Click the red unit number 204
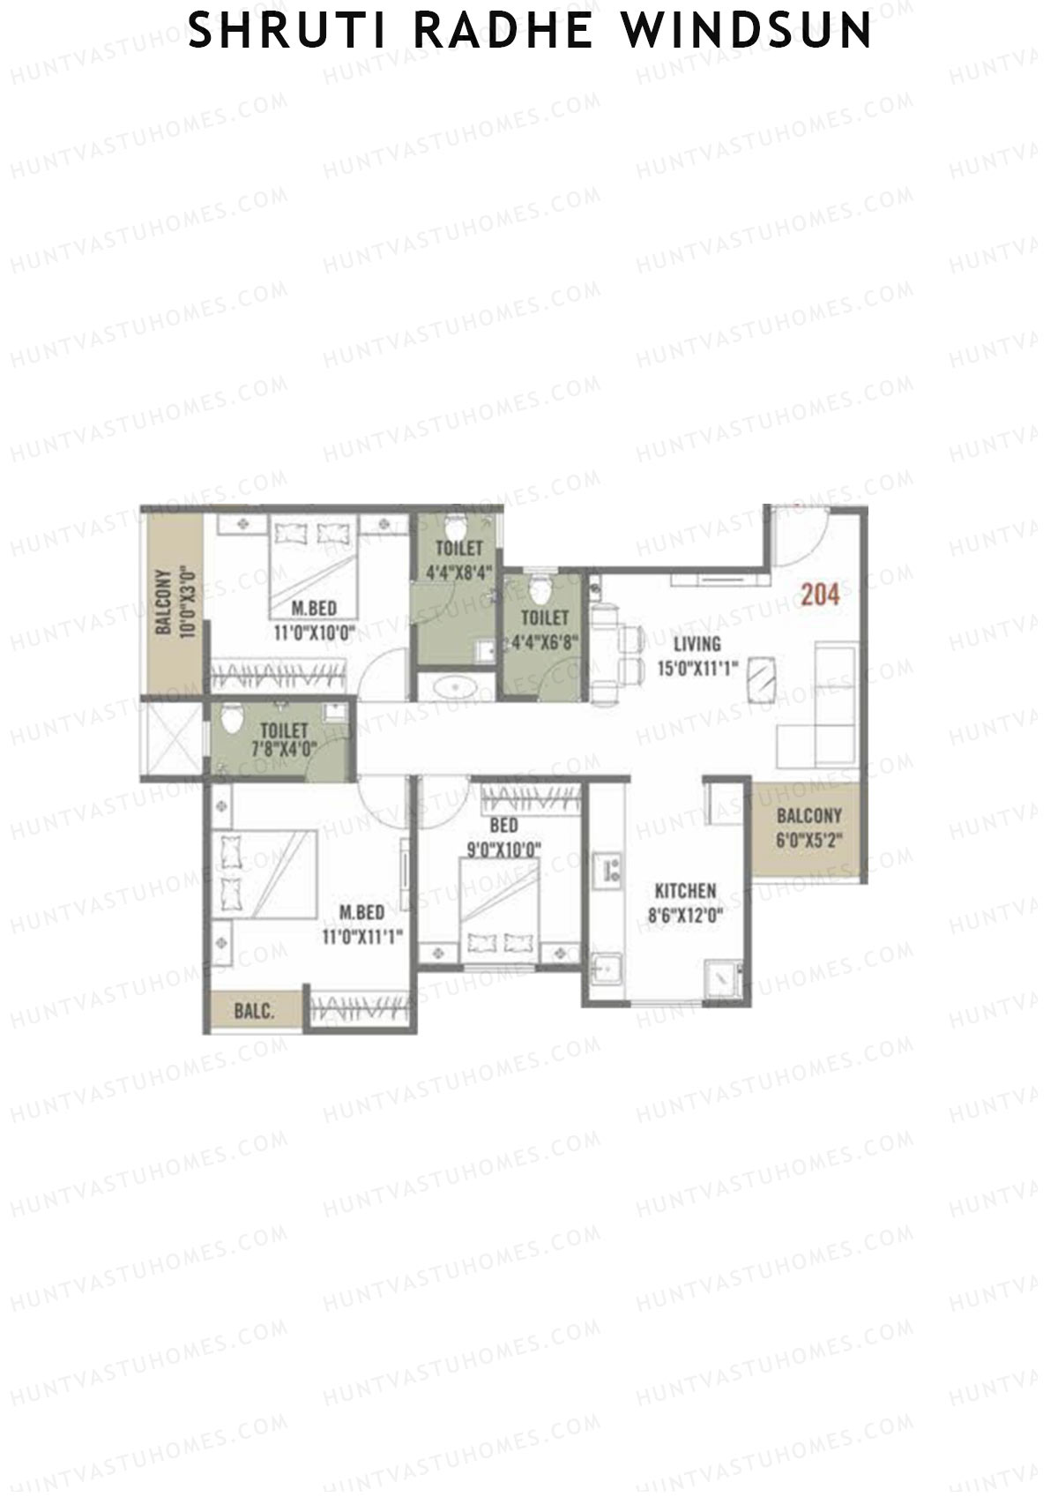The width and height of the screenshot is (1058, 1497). pos(820,595)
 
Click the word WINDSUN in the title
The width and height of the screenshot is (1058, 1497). pos(748,32)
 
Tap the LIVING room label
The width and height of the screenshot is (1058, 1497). pos(697,644)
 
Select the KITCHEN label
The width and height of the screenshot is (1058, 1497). pos(685,891)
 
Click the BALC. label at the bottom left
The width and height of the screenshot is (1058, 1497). pos(254,1011)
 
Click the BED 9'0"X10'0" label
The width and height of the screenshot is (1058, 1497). pos(503,838)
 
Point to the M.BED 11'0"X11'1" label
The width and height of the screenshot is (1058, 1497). pos(362,924)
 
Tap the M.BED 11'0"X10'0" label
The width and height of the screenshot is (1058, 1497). pos(313,620)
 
